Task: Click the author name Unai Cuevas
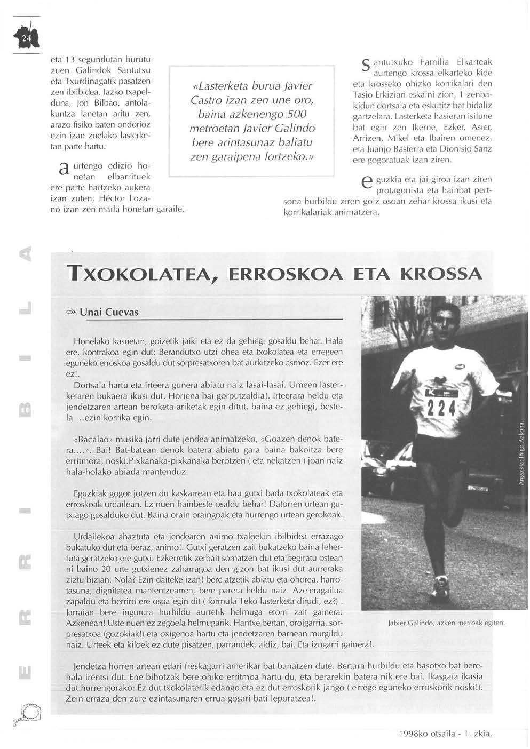109,312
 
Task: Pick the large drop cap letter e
366,184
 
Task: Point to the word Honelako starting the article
92,340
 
